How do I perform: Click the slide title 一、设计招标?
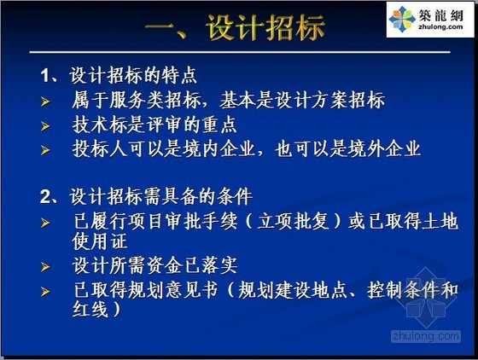[235, 27]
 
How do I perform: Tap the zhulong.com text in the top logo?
[441, 26]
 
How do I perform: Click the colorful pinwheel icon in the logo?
[402, 19]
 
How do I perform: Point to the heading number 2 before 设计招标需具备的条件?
[45, 197]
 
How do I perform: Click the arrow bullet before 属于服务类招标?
[45, 102]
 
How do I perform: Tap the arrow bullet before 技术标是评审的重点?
[45, 126]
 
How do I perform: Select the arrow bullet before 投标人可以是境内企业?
[45, 150]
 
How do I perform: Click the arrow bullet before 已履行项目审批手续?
[45, 223]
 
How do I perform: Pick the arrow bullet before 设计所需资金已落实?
[45, 267]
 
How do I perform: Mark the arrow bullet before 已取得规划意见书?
[45, 292]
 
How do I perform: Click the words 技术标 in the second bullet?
[100, 125]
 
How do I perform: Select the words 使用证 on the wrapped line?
[100, 241]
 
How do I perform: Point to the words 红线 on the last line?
[90, 309]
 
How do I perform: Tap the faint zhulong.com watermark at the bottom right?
[426, 336]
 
